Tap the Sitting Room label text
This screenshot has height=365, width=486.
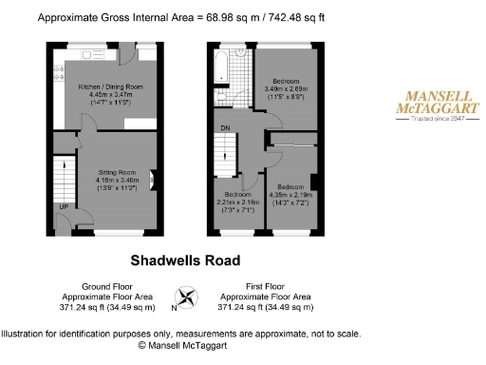[121, 172]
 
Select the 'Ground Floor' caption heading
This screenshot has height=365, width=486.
[105, 287]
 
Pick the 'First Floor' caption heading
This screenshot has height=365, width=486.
[265, 287]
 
